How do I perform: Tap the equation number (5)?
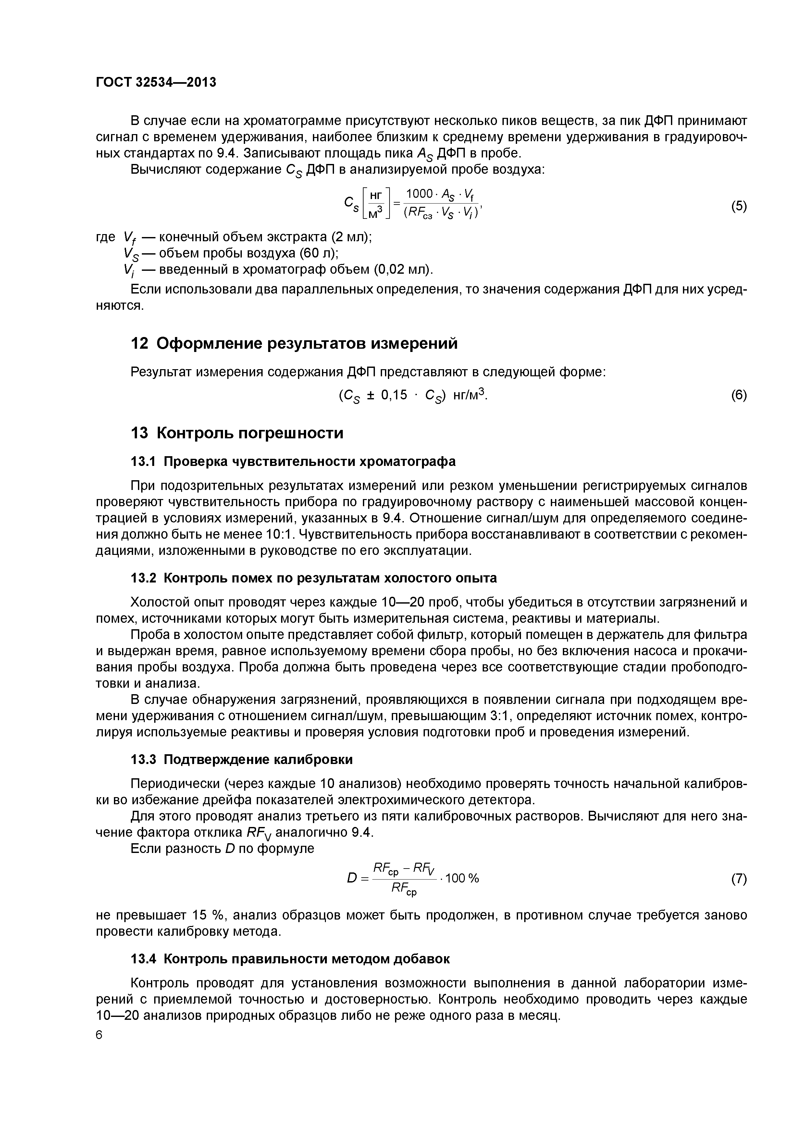(x=738, y=207)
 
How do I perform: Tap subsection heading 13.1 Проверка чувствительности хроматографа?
(x=293, y=461)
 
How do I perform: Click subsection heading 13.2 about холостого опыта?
(x=314, y=578)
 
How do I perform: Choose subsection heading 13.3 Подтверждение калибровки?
(x=241, y=759)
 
